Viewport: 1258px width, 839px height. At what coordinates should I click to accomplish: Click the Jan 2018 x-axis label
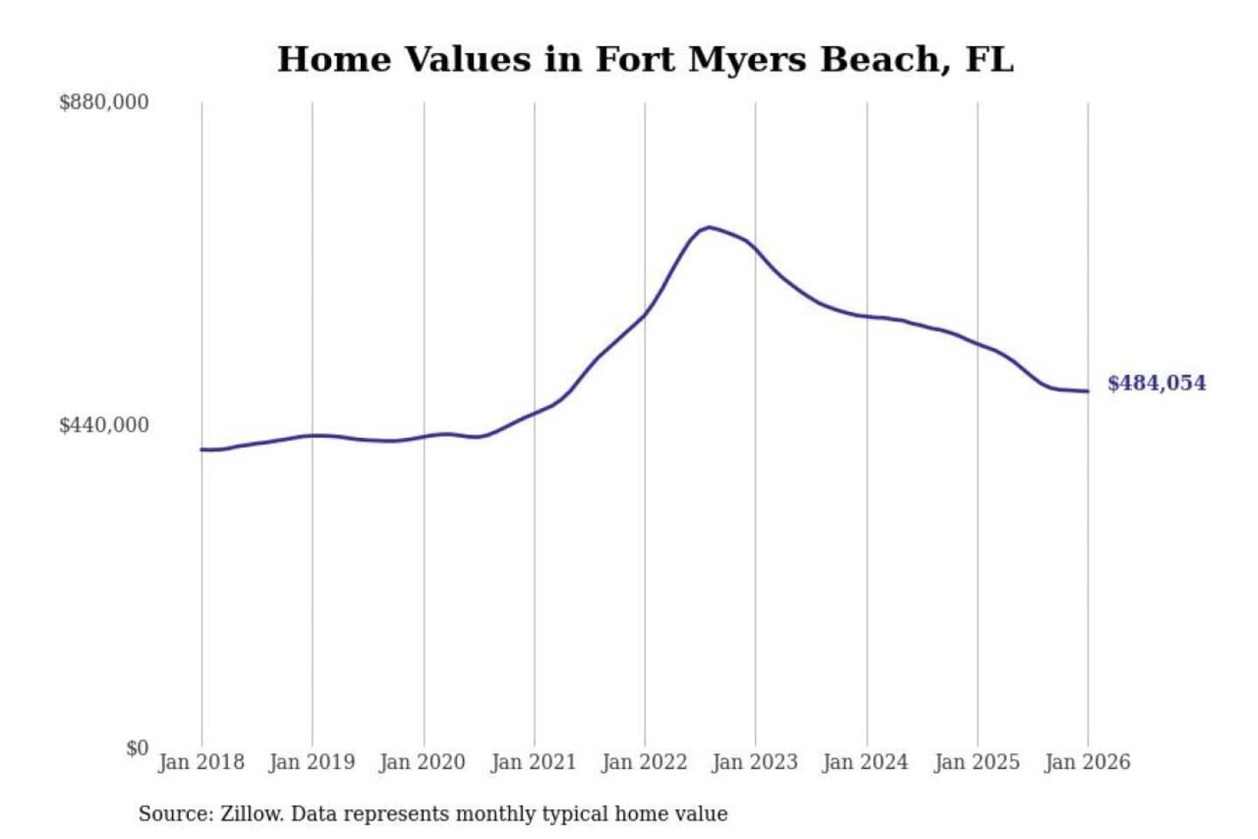click(201, 762)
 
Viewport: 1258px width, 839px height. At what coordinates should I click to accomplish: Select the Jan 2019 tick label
click(312, 762)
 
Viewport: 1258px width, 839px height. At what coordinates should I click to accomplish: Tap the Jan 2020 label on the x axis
click(423, 762)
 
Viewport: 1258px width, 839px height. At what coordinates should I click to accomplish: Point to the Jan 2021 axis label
click(534, 762)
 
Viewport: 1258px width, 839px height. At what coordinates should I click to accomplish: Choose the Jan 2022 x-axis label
click(645, 762)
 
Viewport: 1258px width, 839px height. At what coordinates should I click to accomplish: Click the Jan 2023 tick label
click(755, 762)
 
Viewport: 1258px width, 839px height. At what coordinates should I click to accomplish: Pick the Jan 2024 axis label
click(866, 762)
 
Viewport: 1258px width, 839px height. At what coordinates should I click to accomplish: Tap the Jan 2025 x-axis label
click(977, 762)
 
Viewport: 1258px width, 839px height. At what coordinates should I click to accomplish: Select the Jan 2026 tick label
click(1088, 762)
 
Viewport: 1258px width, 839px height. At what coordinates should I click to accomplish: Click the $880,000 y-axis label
click(104, 102)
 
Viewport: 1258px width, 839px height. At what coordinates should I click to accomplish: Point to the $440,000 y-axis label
click(104, 425)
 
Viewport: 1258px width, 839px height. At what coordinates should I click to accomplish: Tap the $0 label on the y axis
click(137, 748)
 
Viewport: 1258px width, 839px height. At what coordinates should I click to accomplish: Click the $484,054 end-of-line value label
click(1157, 383)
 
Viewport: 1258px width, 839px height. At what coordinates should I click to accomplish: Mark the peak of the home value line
click(709, 227)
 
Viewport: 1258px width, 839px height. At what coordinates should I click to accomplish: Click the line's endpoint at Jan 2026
click(1088, 392)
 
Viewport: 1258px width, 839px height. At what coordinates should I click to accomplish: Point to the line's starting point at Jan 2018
click(202, 449)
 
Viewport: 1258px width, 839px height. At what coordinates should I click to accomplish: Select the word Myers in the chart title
click(747, 60)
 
